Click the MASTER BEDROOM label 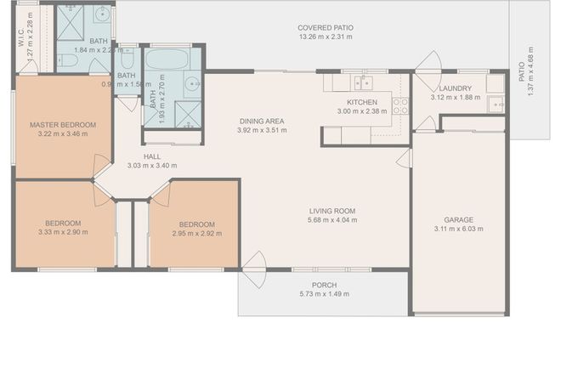click(63, 125)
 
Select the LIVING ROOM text click(331, 211)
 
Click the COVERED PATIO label click(326, 27)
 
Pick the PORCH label click(324, 285)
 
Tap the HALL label click(151, 156)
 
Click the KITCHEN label click(362, 102)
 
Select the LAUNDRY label click(455, 88)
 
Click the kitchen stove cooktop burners click(399, 105)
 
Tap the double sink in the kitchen click(364, 82)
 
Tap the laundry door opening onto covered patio click(427, 63)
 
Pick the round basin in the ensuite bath click(103, 14)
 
